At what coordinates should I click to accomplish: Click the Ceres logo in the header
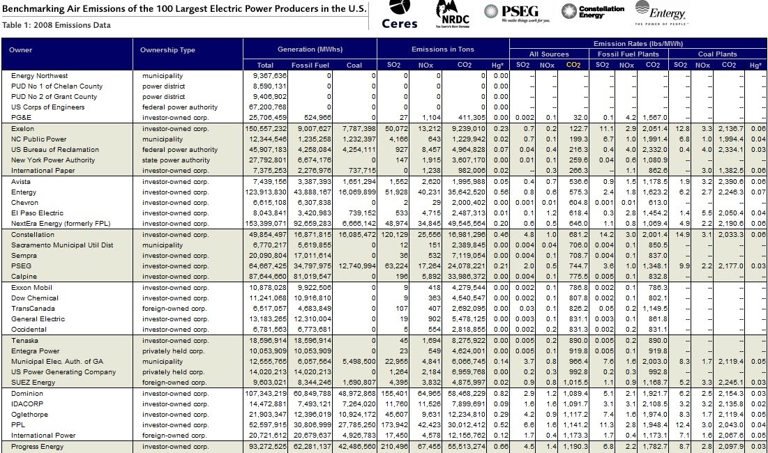(x=400, y=15)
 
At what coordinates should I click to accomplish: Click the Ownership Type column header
(x=167, y=50)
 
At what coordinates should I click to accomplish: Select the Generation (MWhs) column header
(x=310, y=50)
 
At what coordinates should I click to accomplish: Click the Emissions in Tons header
(x=443, y=50)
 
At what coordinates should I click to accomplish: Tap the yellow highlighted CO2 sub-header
(x=573, y=65)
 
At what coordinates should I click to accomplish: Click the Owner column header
(x=21, y=50)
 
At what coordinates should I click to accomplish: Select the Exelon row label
(x=22, y=129)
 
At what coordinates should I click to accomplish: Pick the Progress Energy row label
(x=38, y=446)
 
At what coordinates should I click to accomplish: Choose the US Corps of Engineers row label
(x=47, y=107)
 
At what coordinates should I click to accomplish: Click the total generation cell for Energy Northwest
(x=270, y=75)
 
